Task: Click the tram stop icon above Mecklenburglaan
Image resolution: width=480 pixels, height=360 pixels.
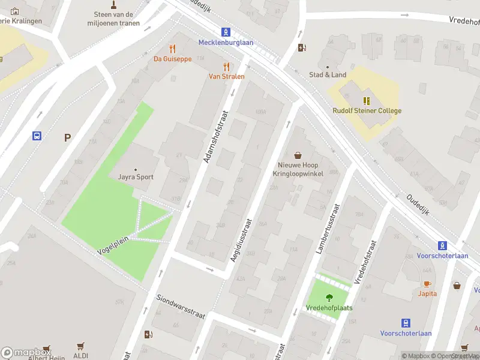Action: point(226,32)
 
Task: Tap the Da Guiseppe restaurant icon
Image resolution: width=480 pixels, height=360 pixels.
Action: point(173,49)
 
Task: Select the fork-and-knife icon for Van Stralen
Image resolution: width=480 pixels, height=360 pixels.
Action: point(227,67)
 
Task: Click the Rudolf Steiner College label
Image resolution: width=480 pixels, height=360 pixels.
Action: point(367,110)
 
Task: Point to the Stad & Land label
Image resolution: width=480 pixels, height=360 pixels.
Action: point(328,75)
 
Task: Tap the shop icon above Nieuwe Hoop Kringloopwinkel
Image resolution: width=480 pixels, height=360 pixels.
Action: point(298,155)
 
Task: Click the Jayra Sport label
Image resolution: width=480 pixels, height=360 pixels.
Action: point(136,177)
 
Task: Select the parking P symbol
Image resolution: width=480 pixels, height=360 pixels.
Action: point(68,137)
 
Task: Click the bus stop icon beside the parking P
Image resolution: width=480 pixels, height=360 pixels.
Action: point(37,136)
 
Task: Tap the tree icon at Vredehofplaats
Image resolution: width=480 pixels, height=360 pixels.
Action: point(329,297)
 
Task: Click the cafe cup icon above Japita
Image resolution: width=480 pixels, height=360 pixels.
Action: point(427,284)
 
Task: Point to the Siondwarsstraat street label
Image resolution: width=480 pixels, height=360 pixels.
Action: point(181,306)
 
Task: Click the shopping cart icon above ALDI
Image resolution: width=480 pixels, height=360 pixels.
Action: point(80,346)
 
